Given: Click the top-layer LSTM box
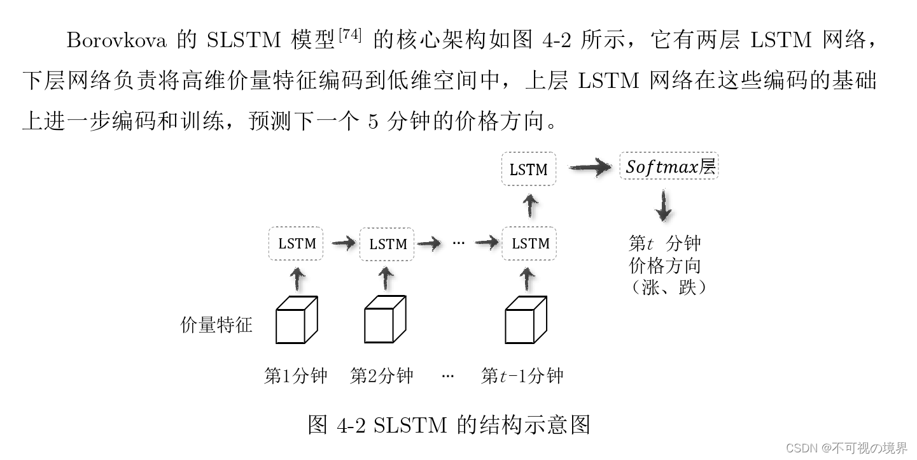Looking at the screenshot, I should click(x=529, y=169).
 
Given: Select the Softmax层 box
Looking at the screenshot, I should click(x=669, y=168).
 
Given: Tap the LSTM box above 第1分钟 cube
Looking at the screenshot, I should click(x=297, y=243).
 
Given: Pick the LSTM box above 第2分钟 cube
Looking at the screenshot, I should click(x=388, y=244).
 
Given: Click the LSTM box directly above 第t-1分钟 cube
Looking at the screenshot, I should click(x=529, y=243).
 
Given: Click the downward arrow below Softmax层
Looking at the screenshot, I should click(x=664, y=205).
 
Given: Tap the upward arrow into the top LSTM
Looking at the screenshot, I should click(x=529, y=206).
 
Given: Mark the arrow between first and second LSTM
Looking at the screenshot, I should click(x=342, y=243).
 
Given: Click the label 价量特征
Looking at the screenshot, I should click(x=216, y=325).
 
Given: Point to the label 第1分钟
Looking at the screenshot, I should click(x=295, y=376).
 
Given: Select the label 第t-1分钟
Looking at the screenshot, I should click(x=522, y=376).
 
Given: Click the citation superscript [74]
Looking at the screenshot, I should click(x=349, y=36).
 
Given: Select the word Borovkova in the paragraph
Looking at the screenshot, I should click(x=116, y=41).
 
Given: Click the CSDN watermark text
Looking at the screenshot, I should click(x=846, y=448).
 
